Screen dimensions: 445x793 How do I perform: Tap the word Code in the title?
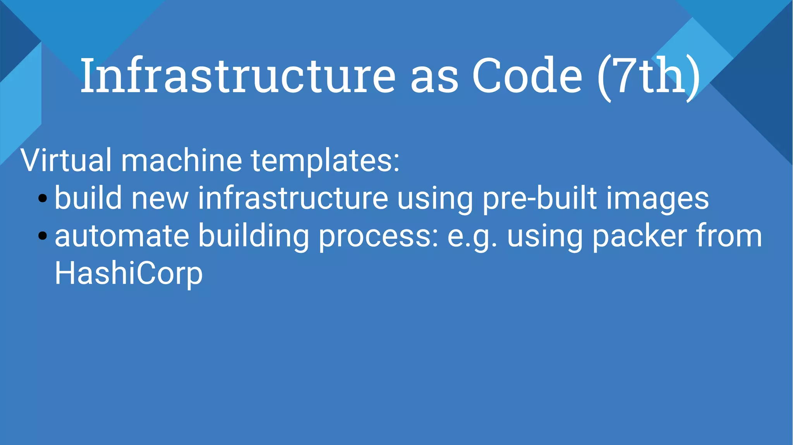[527, 75]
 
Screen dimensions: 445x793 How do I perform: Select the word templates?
[325, 161]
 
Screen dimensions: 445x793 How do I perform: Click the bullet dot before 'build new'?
[43, 199]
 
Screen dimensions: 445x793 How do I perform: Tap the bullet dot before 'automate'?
[43, 236]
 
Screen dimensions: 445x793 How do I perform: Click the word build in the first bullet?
[88, 198]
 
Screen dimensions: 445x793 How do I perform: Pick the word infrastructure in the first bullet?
[293, 198]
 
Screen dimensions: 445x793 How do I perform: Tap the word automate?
[122, 236]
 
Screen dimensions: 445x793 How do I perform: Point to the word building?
[254, 236]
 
